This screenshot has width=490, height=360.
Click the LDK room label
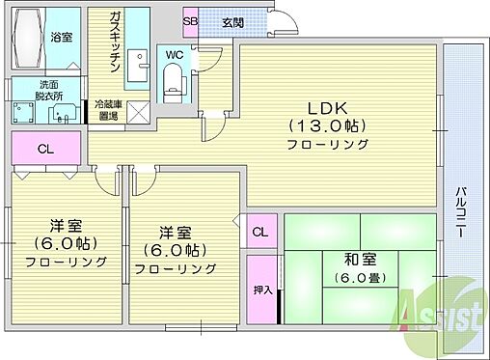click(x=328, y=108)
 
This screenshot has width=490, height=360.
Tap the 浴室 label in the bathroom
click(x=61, y=38)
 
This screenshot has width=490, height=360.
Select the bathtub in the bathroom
click(x=29, y=38)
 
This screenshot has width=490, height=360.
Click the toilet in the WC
click(x=174, y=83)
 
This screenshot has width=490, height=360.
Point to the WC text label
click(x=175, y=55)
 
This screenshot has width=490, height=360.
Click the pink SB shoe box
click(x=190, y=22)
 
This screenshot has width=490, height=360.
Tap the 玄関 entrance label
click(x=232, y=22)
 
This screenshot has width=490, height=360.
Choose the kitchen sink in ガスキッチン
click(x=138, y=65)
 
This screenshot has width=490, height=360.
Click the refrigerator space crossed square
click(x=138, y=112)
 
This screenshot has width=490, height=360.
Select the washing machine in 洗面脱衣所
click(x=23, y=112)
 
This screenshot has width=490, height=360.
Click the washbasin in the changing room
click(x=64, y=113)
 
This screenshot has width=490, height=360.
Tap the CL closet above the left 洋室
click(x=45, y=149)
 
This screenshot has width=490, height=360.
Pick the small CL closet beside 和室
click(x=260, y=232)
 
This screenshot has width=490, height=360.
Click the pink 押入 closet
click(x=261, y=290)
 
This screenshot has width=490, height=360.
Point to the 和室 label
click(x=360, y=260)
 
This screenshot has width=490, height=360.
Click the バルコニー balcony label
click(x=461, y=212)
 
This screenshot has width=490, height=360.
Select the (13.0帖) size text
click(x=328, y=125)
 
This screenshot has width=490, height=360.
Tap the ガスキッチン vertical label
click(x=115, y=42)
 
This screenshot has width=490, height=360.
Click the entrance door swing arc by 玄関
click(x=288, y=18)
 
